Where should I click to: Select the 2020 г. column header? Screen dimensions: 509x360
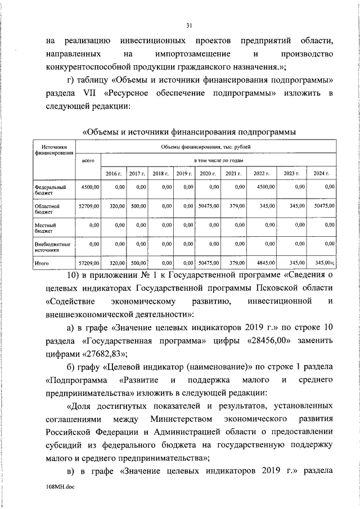click(x=208, y=174)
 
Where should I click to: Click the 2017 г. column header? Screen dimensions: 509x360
click(x=137, y=174)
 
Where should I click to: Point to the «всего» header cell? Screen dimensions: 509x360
click(x=88, y=160)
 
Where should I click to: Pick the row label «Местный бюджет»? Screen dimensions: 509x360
click(x=46, y=227)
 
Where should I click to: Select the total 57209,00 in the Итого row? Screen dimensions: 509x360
click(x=88, y=262)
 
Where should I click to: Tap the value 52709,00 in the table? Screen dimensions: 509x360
click(x=88, y=206)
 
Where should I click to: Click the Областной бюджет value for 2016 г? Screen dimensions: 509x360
click(x=116, y=206)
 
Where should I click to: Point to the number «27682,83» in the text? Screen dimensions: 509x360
click(x=106, y=353)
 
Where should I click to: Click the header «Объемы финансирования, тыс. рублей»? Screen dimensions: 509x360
click(x=205, y=147)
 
